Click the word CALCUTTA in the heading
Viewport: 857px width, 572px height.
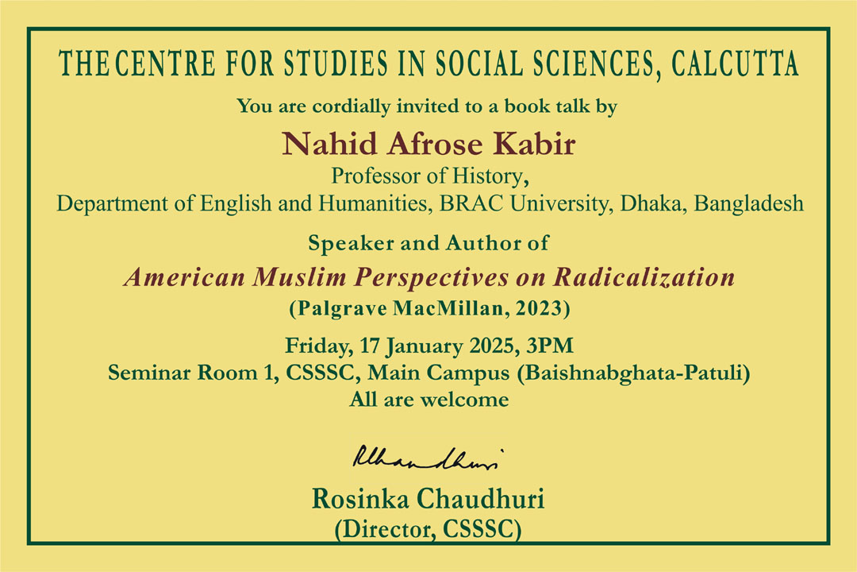click(x=735, y=64)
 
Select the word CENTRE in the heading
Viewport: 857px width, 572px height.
click(x=165, y=64)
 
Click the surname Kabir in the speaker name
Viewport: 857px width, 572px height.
click(x=535, y=144)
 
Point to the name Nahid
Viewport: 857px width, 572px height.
click(x=329, y=144)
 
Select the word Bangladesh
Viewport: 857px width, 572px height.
click(x=749, y=203)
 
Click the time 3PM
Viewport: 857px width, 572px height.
click(x=550, y=346)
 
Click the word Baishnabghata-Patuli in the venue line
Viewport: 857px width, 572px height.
click(x=633, y=373)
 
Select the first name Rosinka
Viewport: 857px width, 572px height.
click(x=360, y=499)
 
